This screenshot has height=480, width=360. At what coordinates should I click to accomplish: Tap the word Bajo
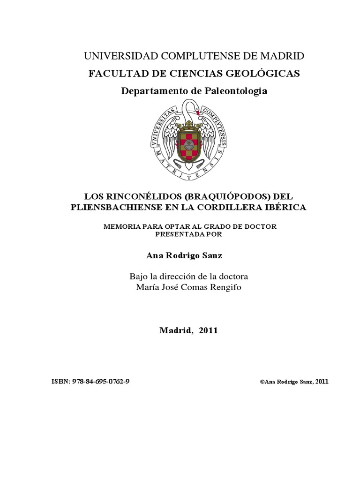pyautogui.click(x=139, y=276)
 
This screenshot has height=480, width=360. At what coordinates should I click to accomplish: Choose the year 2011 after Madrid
pyautogui.click(x=208, y=330)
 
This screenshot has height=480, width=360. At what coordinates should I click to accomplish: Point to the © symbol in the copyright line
pyautogui.click(x=262, y=382)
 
